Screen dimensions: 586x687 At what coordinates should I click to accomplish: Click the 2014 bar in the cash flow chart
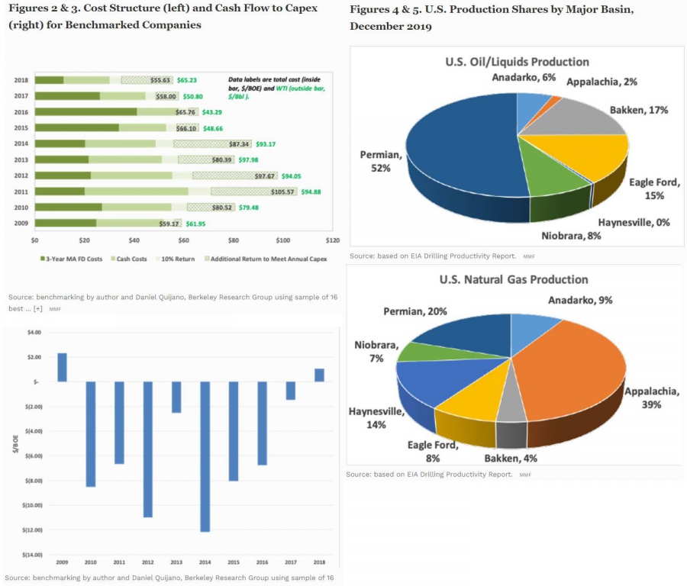point(205,456)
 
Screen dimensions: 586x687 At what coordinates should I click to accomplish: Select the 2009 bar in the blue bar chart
point(62,367)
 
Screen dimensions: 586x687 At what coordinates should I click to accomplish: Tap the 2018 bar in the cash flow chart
point(319,375)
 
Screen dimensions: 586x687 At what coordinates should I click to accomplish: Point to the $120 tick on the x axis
point(333,240)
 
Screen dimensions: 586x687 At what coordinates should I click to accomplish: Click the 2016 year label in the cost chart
point(21,111)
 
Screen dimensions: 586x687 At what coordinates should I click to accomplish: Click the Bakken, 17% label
point(638,110)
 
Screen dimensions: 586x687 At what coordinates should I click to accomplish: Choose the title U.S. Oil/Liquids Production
point(516,62)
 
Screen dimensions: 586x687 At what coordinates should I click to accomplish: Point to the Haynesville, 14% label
point(376,417)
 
